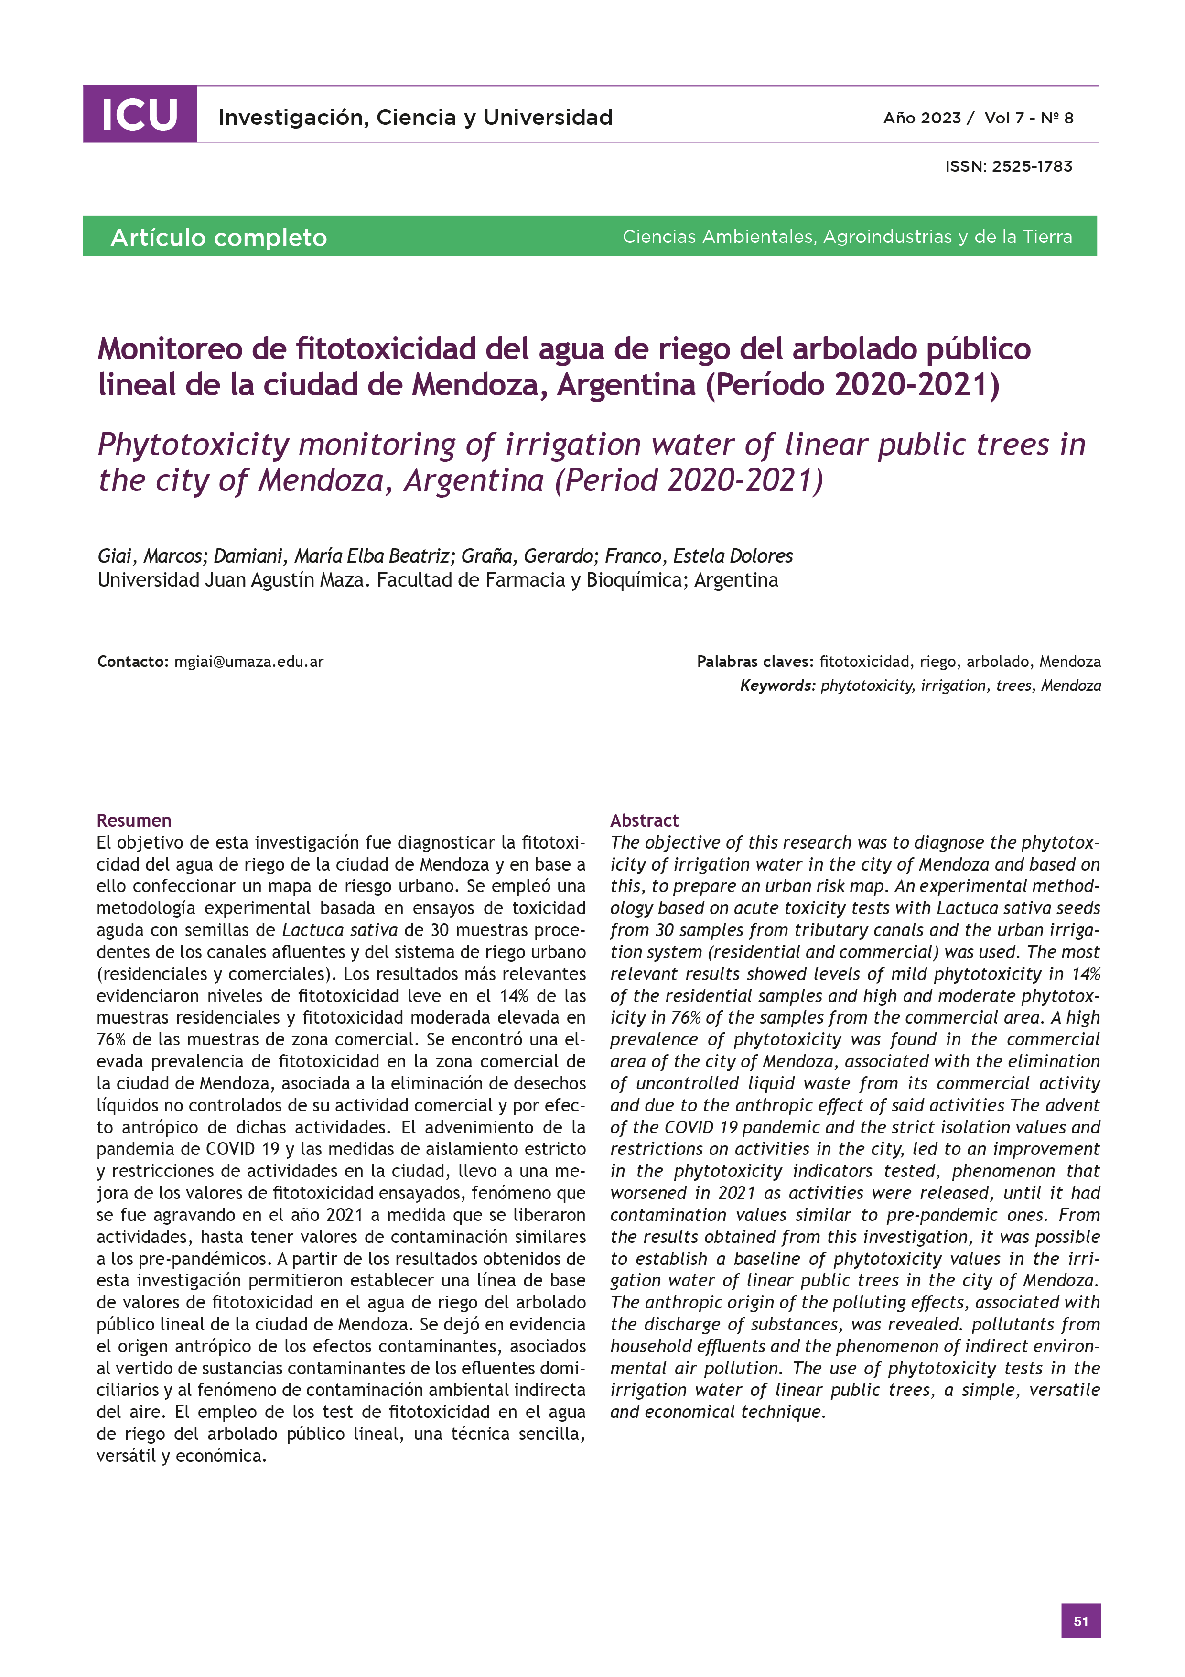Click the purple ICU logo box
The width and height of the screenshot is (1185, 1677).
coord(140,114)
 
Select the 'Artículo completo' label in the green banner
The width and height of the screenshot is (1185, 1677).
coord(218,238)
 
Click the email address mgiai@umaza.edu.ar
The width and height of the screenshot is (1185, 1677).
coord(248,662)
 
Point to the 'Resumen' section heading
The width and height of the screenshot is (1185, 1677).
coord(134,820)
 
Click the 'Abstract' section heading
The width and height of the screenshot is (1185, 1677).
coord(644,820)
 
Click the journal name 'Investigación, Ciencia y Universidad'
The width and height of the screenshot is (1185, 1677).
coord(415,118)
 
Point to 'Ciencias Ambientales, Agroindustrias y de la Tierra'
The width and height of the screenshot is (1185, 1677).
coord(847,237)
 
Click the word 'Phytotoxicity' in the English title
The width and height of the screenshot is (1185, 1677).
coord(194,445)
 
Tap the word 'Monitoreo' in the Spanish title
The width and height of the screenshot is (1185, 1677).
coord(170,349)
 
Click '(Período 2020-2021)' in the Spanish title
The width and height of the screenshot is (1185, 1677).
coord(851,385)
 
